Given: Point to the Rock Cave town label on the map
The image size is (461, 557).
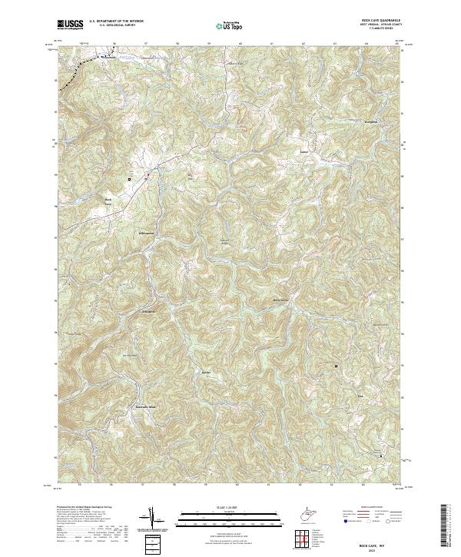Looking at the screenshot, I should pos(109,202).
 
